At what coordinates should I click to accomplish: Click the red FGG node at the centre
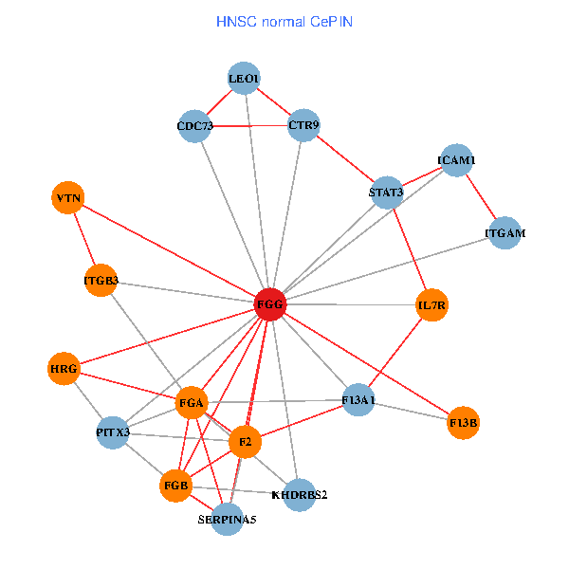pyautogui.click(x=270, y=304)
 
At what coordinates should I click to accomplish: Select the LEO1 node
pyautogui.click(x=245, y=79)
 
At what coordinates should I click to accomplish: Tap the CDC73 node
pyautogui.click(x=195, y=126)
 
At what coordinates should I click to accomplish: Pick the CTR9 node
pyautogui.click(x=303, y=125)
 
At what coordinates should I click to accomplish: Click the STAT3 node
pyautogui.click(x=386, y=193)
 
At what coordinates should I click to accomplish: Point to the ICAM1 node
pyautogui.click(x=456, y=161)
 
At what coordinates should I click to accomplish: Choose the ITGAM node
pyautogui.click(x=505, y=232)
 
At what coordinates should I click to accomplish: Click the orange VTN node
pyautogui.click(x=68, y=198)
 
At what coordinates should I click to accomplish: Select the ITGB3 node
pyautogui.click(x=101, y=281)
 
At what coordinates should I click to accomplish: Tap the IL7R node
pyautogui.click(x=431, y=305)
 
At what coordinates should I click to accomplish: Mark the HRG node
pyautogui.click(x=64, y=368)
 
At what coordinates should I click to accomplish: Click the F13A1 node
pyautogui.click(x=358, y=401)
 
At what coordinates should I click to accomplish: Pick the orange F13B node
pyautogui.click(x=464, y=422)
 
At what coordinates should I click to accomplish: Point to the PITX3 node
pyautogui.click(x=113, y=433)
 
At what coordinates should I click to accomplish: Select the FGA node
pyautogui.click(x=192, y=403)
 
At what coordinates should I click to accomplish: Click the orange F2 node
pyautogui.click(x=245, y=442)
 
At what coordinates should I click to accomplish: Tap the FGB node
pyautogui.click(x=176, y=486)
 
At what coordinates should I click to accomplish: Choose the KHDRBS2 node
pyautogui.click(x=299, y=494)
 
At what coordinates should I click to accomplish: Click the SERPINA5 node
pyautogui.click(x=227, y=520)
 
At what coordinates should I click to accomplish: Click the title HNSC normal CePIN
pyautogui.click(x=284, y=21)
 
